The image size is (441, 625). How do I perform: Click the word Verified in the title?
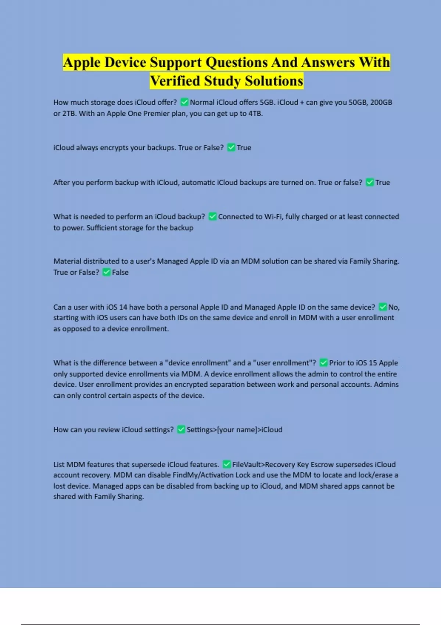175,81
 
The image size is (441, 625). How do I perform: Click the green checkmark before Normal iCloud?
184,102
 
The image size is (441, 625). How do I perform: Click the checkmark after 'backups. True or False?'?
231,147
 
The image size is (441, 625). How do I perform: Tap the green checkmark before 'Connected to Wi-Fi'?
212,217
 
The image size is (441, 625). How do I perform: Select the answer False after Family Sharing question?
120,272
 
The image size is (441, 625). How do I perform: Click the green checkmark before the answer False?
106,272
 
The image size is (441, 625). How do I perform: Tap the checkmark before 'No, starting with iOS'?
383,307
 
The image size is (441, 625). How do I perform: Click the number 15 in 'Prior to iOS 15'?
373,363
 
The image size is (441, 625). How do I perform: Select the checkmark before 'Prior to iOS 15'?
323,363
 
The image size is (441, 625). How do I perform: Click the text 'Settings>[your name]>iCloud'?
234,430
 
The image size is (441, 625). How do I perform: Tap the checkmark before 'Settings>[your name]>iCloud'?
181,430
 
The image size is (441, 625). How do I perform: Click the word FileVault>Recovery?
263,464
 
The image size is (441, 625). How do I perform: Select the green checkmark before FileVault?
227,464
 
